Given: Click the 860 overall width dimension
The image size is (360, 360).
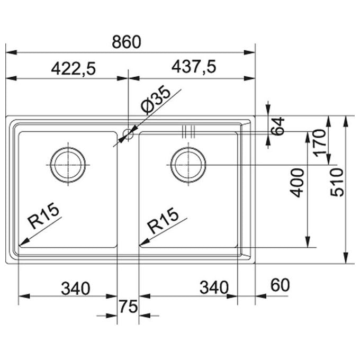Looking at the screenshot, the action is point(127,42).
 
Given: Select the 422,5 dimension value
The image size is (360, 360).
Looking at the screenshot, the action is point(73,69).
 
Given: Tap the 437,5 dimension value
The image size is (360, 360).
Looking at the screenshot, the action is point(194,67).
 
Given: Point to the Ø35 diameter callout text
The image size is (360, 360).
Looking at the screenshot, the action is point(156,100).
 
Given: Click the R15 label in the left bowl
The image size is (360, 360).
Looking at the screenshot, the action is point(43,215).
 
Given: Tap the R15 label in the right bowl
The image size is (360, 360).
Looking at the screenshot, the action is point(163,220).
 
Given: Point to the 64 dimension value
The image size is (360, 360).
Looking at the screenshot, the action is point(277,126).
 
